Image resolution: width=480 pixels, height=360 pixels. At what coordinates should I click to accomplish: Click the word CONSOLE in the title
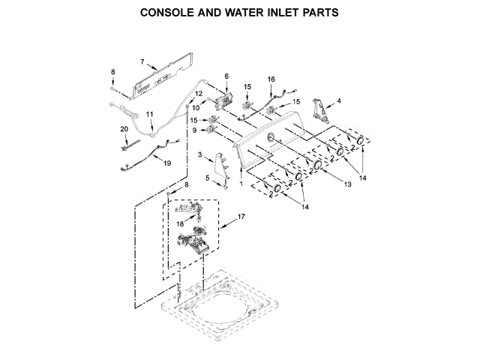(x=169, y=13)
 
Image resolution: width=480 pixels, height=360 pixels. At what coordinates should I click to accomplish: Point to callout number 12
(x=199, y=94)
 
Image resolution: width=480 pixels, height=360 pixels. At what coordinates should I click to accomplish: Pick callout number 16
(x=271, y=79)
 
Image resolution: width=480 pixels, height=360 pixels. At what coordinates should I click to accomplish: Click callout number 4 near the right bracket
(x=338, y=100)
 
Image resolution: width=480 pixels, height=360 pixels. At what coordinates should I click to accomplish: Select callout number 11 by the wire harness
(x=149, y=114)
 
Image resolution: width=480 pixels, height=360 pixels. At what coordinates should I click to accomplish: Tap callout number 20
(x=124, y=129)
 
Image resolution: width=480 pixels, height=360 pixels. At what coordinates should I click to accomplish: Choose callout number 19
(x=166, y=162)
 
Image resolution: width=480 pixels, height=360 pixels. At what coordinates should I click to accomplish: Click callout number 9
(x=195, y=130)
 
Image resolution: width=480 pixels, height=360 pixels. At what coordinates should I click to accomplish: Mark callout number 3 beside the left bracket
(x=200, y=154)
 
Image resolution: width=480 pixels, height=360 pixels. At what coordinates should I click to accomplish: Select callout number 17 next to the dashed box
(x=241, y=217)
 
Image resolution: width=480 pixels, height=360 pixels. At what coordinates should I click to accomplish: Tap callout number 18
(x=180, y=223)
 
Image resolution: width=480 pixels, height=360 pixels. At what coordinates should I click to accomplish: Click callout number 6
(x=226, y=76)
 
